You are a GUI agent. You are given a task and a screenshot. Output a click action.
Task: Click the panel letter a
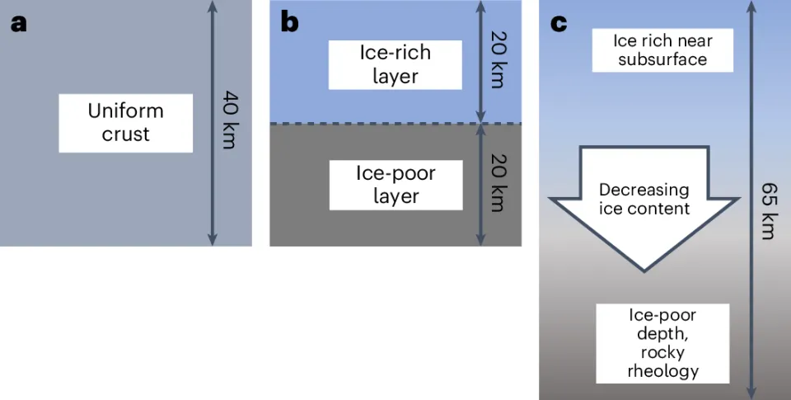coord(18,22)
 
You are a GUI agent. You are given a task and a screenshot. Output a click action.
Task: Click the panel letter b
coord(288,22)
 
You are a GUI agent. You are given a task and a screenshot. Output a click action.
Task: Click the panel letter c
coord(558,22)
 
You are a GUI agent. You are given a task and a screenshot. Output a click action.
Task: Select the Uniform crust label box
coord(125,123)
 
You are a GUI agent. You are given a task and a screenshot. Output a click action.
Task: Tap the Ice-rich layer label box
coord(395,64)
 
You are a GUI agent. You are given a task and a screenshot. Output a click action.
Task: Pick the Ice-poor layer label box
coord(395,185)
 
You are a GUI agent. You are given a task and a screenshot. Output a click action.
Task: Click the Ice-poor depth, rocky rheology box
coord(662,343)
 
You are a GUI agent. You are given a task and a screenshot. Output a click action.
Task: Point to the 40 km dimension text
coord(228,122)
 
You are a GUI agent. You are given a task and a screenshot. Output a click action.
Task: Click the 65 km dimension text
coord(767,214)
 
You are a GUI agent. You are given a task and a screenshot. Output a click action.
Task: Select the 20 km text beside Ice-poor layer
coord(498,186)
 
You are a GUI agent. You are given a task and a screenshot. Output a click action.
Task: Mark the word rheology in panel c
coord(662,371)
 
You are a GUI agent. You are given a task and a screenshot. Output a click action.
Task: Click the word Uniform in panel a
coord(125,111)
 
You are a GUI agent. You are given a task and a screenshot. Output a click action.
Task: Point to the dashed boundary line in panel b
coord(395,124)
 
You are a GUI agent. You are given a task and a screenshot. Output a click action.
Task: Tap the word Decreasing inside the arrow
coord(644,190)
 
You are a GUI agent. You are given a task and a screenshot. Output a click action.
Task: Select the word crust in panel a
coord(125,134)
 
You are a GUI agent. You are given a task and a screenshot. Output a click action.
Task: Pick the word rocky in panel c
coord(662,352)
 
